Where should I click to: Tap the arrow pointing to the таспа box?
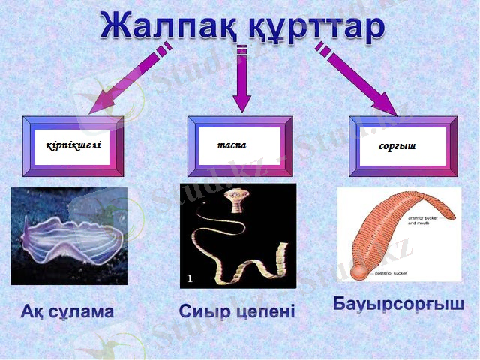coord(241,82)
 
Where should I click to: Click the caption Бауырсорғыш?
coord(398,305)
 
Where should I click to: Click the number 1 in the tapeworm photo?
coord(190,278)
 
